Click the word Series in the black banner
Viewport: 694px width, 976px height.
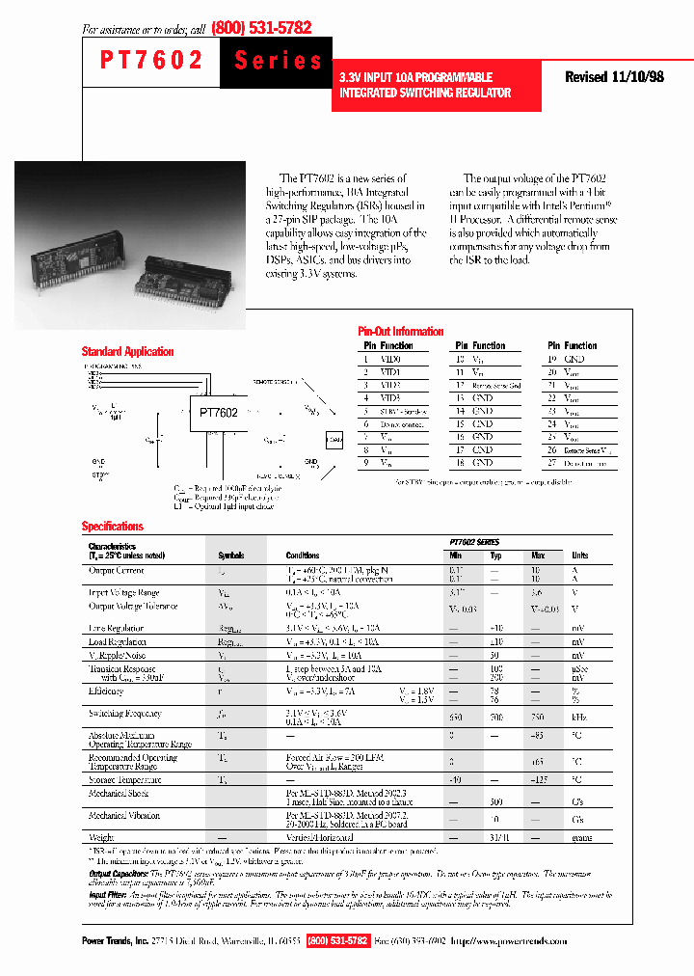point(279,61)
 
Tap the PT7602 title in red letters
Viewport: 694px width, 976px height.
point(151,61)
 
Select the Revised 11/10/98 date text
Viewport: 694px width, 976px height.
point(614,77)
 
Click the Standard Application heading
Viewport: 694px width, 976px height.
point(127,352)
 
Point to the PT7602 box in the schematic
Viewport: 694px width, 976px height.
point(218,413)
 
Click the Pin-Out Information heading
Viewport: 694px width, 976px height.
point(400,331)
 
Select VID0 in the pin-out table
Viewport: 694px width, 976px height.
point(388,359)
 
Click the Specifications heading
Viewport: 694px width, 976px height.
point(112,527)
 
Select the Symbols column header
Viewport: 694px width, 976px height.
point(231,556)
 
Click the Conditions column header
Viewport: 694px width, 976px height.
point(303,556)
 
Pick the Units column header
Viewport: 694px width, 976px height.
point(580,556)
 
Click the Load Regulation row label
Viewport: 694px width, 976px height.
point(117,641)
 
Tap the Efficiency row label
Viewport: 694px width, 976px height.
point(106,691)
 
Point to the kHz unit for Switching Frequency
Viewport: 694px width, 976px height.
point(580,718)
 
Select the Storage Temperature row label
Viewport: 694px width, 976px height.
point(124,778)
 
